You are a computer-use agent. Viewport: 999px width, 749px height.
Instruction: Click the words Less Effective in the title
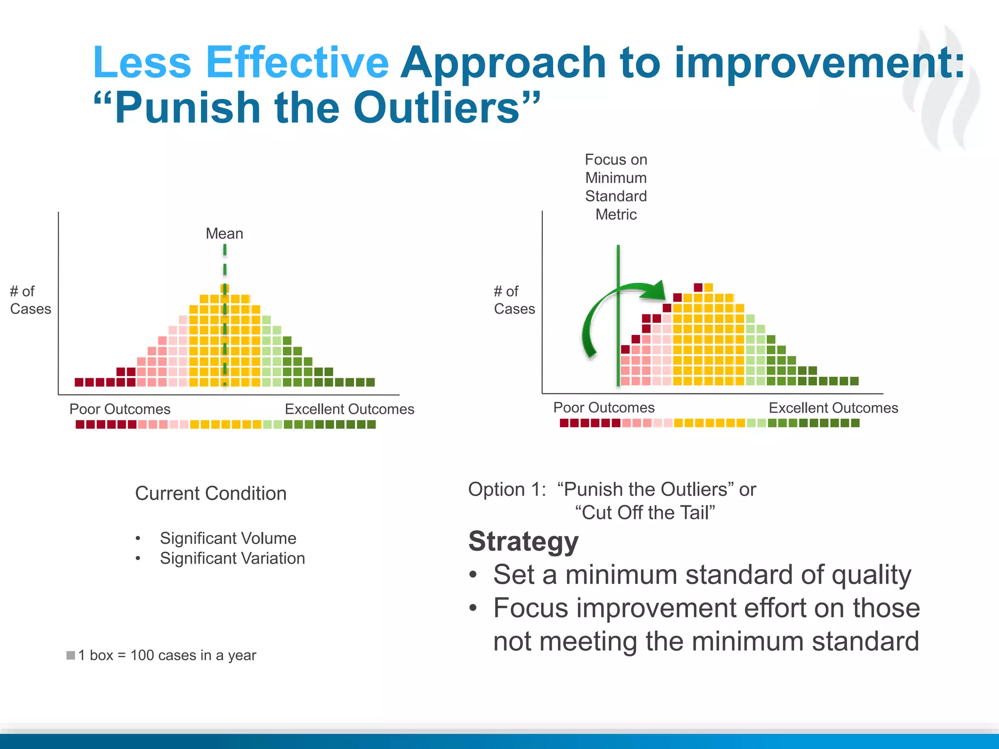(240, 62)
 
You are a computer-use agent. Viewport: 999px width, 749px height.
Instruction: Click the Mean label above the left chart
(224, 234)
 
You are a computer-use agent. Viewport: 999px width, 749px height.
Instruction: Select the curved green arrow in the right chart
(605, 312)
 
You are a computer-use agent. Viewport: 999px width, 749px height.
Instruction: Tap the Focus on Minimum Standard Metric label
(616, 187)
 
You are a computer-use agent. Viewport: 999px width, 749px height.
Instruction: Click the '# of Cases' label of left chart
(30, 300)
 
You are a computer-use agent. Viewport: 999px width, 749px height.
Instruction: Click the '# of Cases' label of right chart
(514, 300)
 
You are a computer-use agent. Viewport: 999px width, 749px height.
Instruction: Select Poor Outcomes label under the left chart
(120, 409)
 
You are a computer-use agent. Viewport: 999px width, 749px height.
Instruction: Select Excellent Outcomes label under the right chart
(833, 408)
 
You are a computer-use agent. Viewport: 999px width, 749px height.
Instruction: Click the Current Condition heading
(211, 493)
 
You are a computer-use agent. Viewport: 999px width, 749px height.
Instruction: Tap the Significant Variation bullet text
(232, 558)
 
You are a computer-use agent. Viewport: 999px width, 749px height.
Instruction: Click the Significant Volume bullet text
(228, 538)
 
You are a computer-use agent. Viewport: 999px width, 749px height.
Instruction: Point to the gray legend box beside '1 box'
(71, 655)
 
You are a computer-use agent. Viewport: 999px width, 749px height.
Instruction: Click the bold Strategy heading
(523, 541)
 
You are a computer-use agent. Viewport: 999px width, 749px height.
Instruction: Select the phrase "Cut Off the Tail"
(645, 513)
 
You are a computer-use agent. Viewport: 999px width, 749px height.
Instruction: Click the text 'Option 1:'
(507, 490)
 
